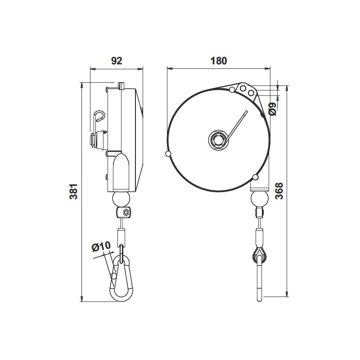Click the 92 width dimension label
pos(117,61)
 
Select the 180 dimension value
pos(219,61)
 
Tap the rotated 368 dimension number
pos(279,191)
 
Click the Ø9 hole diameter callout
pos(272,109)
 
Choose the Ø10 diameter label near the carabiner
pos(101,247)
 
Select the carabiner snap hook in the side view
pos(120,279)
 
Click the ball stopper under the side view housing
pos(121,198)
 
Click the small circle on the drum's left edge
pos(168,154)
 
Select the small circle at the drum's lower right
pos(255,176)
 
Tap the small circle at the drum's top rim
pos(232,90)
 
